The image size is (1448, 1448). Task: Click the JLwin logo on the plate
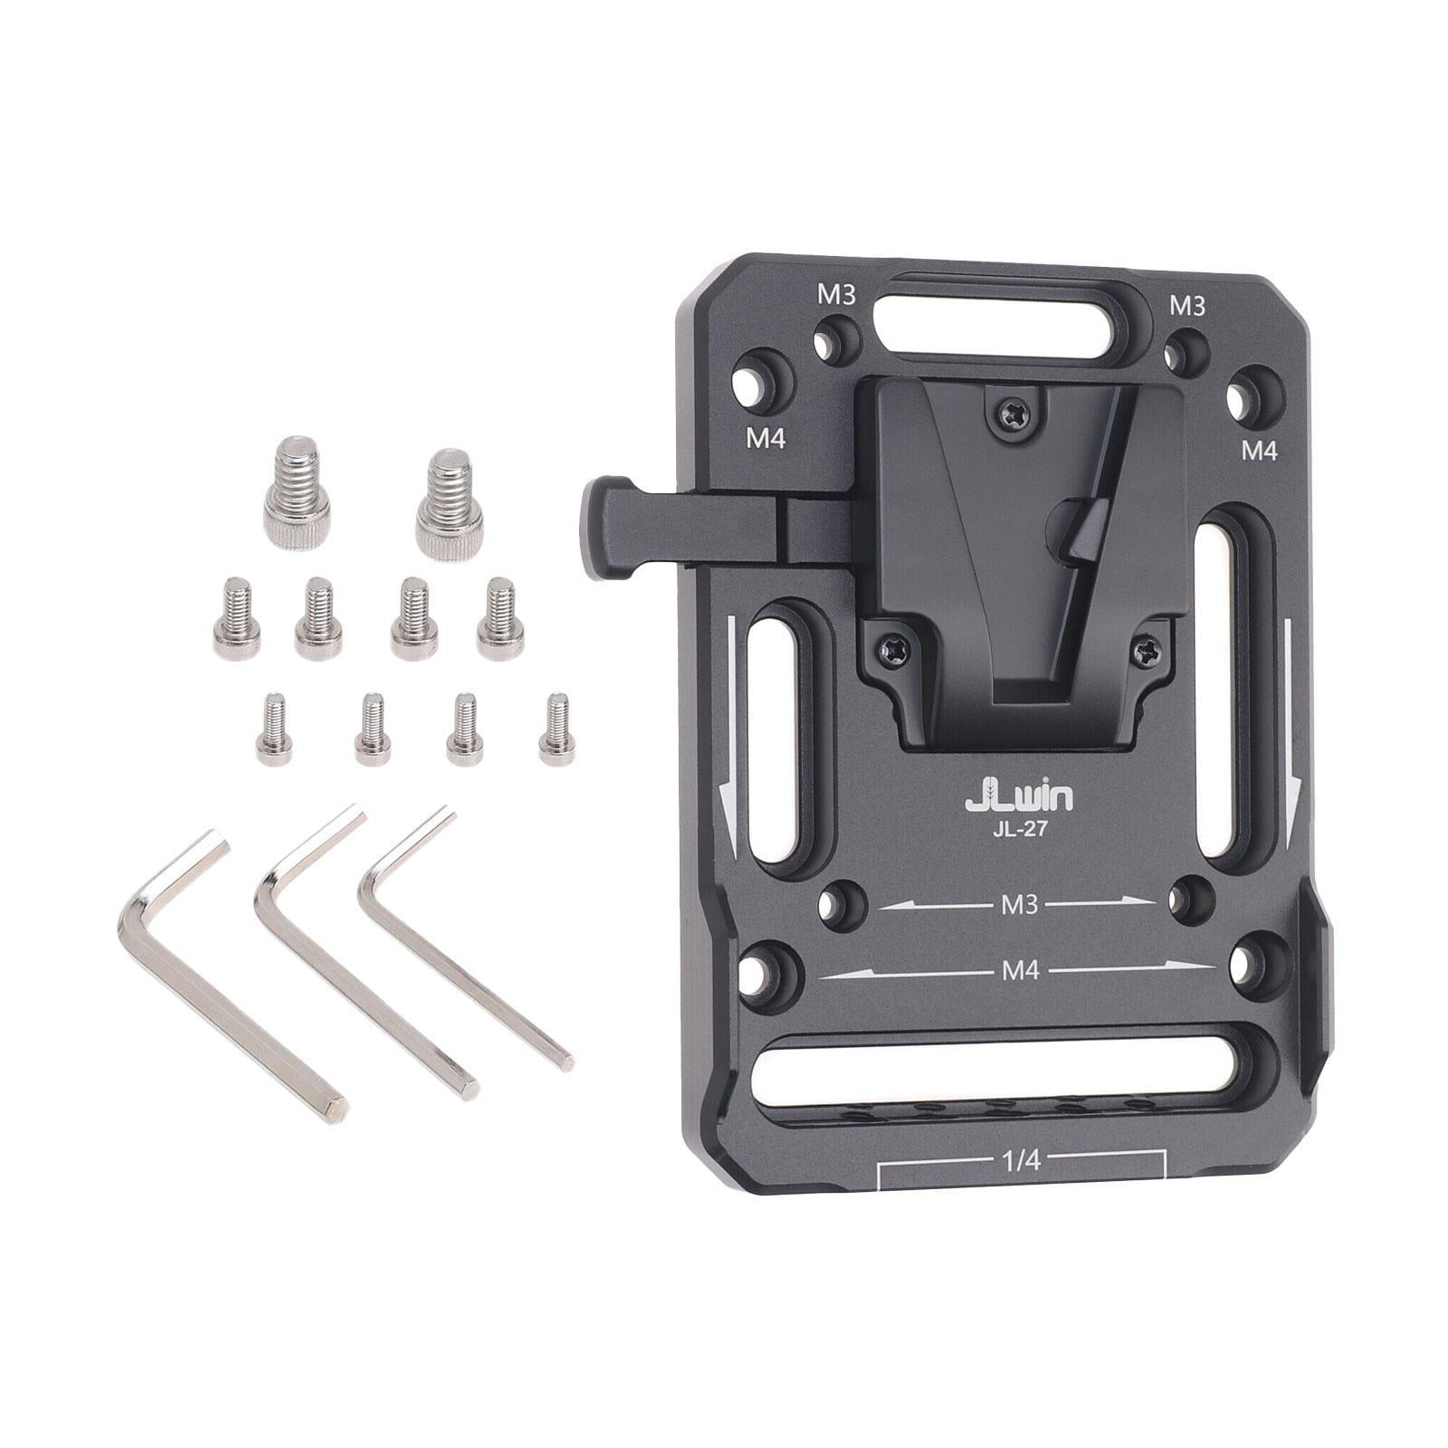tap(1019, 796)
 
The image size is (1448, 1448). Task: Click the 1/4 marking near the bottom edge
tap(1021, 1161)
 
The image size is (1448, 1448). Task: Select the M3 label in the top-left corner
tap(836, 295)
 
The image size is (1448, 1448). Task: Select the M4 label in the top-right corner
tap(1258, 450)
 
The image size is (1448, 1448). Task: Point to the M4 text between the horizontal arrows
tap(1020, 971)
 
